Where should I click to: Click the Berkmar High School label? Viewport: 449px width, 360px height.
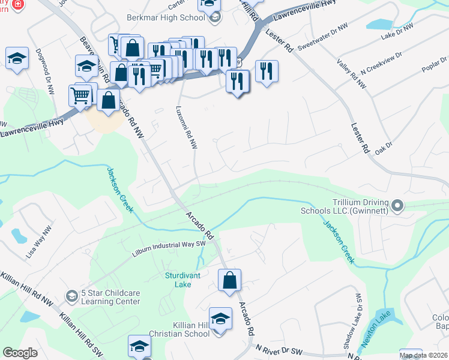click(x=166, y=17)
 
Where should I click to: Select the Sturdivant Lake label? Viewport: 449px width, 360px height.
click(x=186, y=280)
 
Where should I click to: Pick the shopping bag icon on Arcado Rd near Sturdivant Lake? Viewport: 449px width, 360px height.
click(x=229, y=280)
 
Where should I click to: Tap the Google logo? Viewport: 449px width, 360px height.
click(x=20, y=352)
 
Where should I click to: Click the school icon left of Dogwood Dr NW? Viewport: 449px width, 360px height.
click(x=17, y=59)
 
